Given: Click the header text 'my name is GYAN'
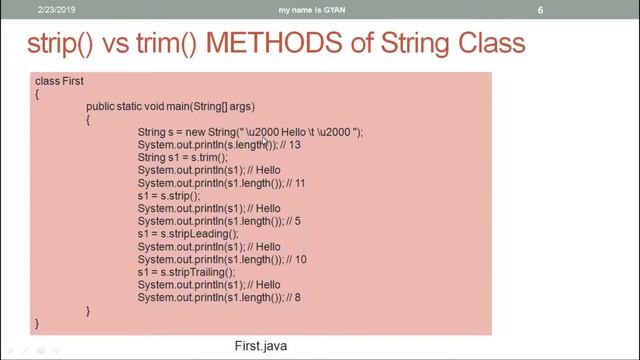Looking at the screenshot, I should [x=319, y=10].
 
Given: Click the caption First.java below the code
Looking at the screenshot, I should [x=262, y=345].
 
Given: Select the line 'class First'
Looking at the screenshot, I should [x=59, y=81].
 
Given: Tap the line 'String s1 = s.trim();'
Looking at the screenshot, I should [x=183, y=158].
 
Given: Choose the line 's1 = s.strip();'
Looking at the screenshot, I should [x=169, y=197].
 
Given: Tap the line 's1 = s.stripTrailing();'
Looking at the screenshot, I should [x=187, y=272].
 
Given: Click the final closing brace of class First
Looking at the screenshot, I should [x=37, y=324].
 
